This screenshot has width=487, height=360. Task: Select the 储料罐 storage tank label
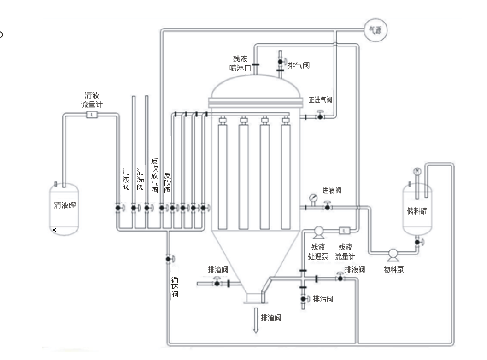click(417, 211)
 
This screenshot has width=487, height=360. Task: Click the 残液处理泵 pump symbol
click(318, 231)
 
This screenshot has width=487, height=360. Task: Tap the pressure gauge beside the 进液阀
click(313, 197)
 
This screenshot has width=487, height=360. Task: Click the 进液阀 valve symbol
click(328, 207)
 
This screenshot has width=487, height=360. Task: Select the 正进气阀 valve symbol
click(320, 116)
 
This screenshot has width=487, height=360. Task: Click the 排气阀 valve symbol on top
click(280, 62)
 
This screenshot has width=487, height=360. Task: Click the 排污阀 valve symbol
click(304, 299)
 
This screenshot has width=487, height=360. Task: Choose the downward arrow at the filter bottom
click(254, 322)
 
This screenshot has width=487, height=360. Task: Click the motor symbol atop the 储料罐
click(417, 171)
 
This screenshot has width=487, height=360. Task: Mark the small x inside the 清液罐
click(54, 229)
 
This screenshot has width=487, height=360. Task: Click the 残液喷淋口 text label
click(240, 64)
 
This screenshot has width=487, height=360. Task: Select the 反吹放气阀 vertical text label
click(155, 176)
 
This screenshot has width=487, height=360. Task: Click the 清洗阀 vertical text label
click(140, 179)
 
